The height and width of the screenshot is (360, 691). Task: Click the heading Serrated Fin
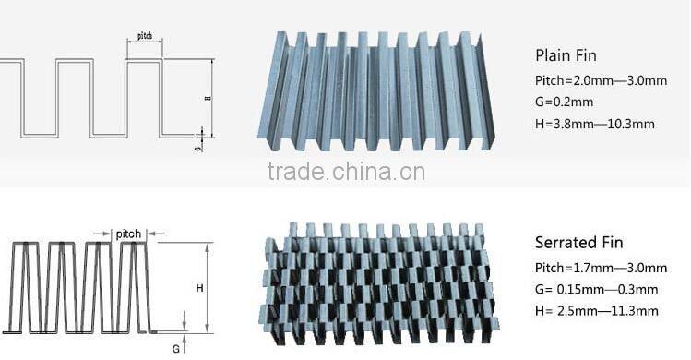click(579, 243)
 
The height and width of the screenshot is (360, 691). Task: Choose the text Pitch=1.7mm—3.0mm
click(601, 268)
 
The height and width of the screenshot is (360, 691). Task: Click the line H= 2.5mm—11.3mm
click(596, 311)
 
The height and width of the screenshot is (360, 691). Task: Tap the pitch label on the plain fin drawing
click(145, 36)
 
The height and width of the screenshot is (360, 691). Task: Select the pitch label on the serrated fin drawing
click(128, 234)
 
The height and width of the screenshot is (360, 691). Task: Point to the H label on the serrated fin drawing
click(199, 288)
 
